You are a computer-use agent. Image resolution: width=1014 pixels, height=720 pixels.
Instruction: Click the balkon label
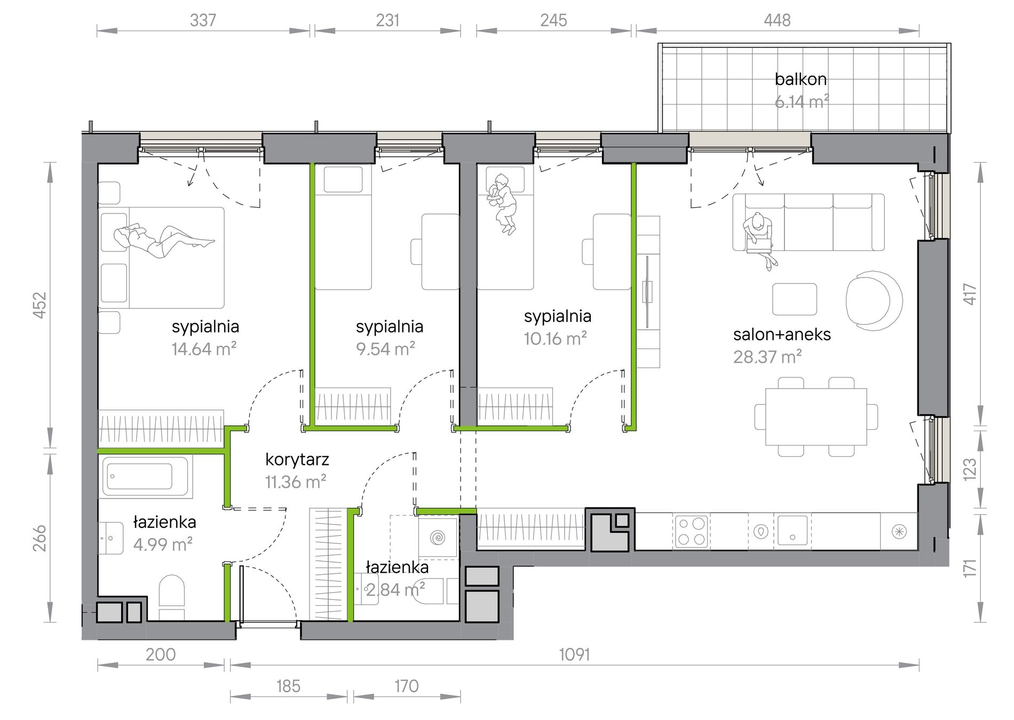801,79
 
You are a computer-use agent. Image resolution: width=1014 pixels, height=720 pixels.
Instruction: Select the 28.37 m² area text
767,357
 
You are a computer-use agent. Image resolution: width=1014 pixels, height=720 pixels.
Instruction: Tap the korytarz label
297,460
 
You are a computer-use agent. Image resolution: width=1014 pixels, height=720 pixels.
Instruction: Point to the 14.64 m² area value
204,349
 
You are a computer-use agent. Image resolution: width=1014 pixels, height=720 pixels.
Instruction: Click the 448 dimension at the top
777,20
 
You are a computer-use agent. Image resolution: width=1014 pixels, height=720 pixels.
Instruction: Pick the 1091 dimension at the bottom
574,654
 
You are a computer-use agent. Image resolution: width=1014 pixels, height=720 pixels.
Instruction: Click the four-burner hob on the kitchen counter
691,531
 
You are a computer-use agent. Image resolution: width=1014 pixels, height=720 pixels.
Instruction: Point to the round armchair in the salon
874,299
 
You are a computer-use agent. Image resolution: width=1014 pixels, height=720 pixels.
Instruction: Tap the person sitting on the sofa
760,238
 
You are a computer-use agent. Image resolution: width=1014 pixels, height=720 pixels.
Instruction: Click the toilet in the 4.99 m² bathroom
171,597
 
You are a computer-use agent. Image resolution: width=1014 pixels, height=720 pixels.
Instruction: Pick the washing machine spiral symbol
438,537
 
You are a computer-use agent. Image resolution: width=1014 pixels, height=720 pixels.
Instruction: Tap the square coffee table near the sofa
795,299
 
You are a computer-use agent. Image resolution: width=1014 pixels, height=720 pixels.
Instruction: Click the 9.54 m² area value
386,349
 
